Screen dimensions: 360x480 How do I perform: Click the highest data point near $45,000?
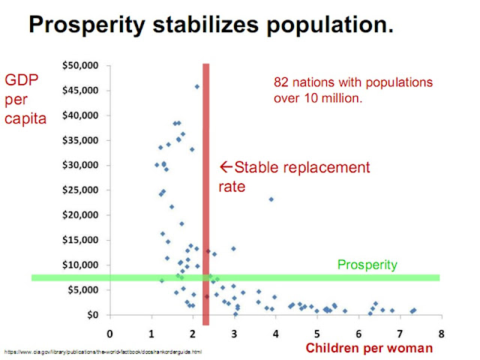point(197,86)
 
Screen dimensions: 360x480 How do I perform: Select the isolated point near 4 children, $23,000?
point(271,199)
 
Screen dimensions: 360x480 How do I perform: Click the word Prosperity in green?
point(367,264)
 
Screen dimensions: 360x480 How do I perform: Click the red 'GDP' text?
point(22,80)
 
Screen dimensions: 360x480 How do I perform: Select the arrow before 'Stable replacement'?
point(224,166)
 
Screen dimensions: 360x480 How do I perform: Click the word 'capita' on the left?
point(26,118)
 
